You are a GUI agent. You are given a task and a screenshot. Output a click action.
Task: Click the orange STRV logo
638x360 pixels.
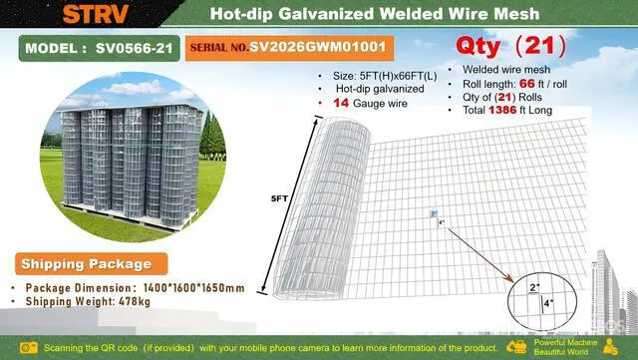96,13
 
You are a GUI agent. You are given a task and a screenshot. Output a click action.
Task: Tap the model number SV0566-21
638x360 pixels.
134,49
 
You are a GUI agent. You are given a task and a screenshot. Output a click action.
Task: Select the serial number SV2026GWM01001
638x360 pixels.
317,47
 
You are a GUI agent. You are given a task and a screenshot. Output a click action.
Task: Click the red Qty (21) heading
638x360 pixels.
511,46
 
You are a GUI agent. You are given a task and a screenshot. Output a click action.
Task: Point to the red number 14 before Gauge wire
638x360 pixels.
341,103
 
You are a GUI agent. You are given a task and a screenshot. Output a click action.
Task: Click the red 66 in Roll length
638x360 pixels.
527,84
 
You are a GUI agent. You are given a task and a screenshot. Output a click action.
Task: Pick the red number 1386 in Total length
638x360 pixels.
502,110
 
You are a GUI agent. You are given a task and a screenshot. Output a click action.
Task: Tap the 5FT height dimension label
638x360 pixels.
279,198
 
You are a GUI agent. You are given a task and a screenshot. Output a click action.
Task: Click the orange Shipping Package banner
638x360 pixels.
92,264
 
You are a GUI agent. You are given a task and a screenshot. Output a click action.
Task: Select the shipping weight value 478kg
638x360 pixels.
135,302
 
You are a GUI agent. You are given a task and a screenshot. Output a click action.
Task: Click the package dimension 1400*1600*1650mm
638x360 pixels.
194,288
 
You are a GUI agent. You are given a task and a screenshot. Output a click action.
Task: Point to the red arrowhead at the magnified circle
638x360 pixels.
509,279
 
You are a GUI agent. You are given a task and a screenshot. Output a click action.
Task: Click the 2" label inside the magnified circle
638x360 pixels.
534,287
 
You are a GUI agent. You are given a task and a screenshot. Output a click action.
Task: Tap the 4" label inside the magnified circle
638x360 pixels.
548,303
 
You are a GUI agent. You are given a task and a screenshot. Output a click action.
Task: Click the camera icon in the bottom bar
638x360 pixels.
29,348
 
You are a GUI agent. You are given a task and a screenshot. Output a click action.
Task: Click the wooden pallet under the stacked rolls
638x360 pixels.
130,217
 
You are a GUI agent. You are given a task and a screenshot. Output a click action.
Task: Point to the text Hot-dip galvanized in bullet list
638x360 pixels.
380,89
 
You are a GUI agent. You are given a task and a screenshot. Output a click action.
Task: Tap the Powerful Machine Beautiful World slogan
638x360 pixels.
565,347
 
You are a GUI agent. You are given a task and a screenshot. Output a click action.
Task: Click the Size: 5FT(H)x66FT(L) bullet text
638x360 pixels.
385,76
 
